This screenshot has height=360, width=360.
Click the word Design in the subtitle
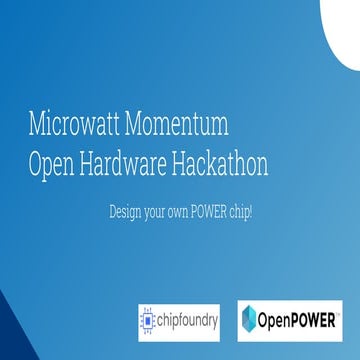point(125,213)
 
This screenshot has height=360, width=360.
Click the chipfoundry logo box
point(178,320)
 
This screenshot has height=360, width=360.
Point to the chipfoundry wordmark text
point(187,320)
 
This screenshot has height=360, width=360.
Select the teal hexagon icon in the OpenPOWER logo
point(253,320)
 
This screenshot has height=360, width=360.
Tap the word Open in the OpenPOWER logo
point(277,320)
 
